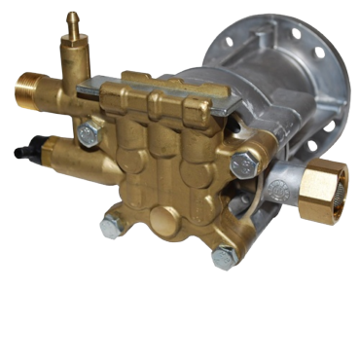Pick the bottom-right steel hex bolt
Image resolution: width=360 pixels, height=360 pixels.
(x=223, y=257)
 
